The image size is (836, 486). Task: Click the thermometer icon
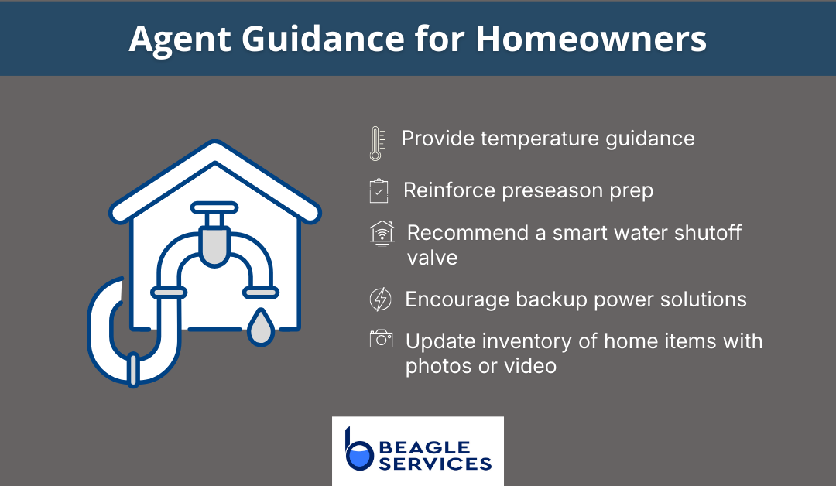click(x=376, y=143)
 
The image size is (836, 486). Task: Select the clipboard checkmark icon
click(x=379, y=191)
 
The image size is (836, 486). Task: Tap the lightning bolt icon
click(x=380, y=299)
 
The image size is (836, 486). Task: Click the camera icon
click(x=381, y=339)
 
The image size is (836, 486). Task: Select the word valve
click(x=432, y=257)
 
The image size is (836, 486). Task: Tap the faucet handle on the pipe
click(x=213, y=210)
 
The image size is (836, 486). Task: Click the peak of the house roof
click(x=214, y=148)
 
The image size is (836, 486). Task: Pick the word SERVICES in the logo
click(x=436, y=464)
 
